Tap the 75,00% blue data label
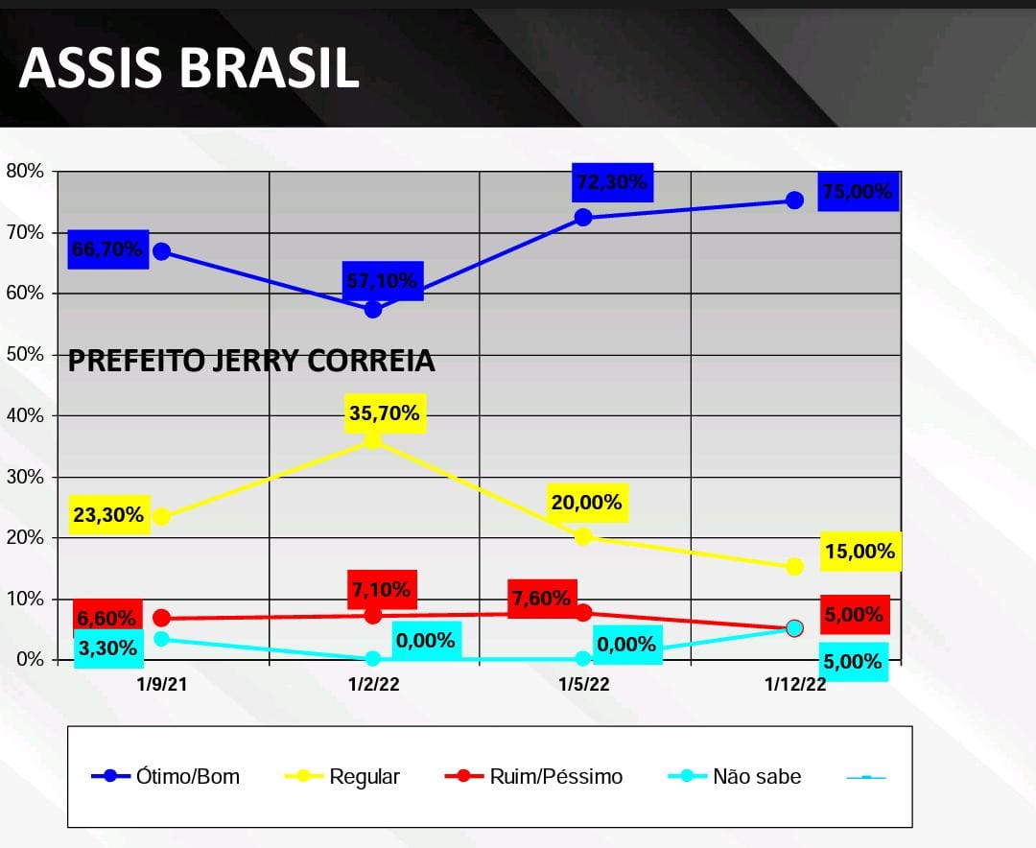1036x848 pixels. [857, 192]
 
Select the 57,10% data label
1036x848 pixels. [381, 281]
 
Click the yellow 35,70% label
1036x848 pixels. [385, 413]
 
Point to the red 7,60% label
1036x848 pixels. [542, 599]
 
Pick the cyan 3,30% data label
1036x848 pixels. [108, 648]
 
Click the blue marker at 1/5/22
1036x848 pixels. [583, 217]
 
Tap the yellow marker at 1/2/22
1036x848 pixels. [373, 440]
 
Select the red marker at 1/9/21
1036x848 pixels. [161, 618]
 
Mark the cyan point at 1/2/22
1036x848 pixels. [373, 659]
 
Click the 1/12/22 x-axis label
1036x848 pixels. [794, 684]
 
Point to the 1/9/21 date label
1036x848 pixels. [161, 684]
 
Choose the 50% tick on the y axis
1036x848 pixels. [25, 354]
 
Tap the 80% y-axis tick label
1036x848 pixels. [25, 172]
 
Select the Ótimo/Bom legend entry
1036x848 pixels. [165, 776]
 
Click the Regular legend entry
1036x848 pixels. [342, 776]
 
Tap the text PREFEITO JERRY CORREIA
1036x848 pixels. [251, 362]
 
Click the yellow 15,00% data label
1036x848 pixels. [859, 552]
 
